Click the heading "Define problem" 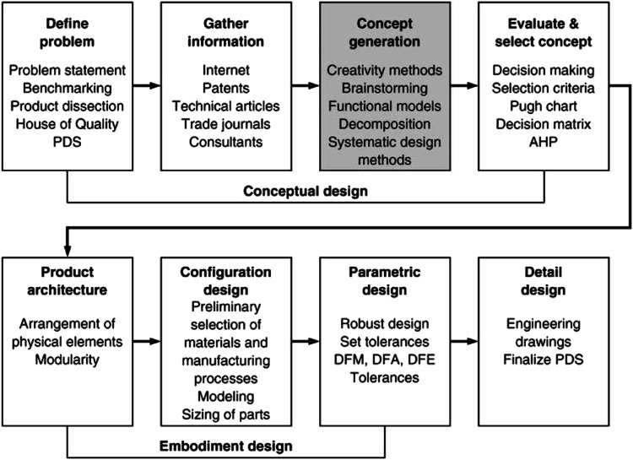tap(66, 32)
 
